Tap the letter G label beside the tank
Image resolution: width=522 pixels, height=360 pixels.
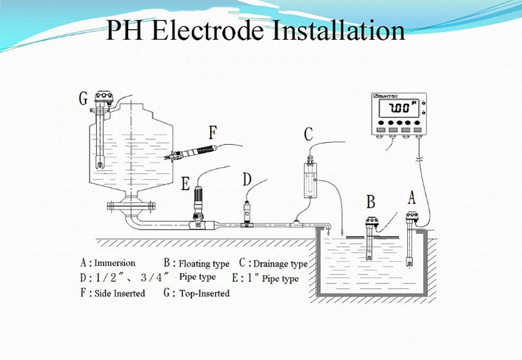tap(83, 99)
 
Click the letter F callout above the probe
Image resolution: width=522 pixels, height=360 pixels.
tap(214, 130)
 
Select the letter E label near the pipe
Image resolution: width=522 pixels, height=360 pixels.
tap(185, 184)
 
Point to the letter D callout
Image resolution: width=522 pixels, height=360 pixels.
tap(247, 180)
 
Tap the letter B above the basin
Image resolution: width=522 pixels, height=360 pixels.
tap(371, 202)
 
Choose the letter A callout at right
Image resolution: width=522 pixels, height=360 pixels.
tap(411, 197)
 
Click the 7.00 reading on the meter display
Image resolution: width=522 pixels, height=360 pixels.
tap(399, 110)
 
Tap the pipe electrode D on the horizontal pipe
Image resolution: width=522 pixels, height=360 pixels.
tap(247, 212)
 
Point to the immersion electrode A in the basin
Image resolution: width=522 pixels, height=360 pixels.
tap(411, 240)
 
